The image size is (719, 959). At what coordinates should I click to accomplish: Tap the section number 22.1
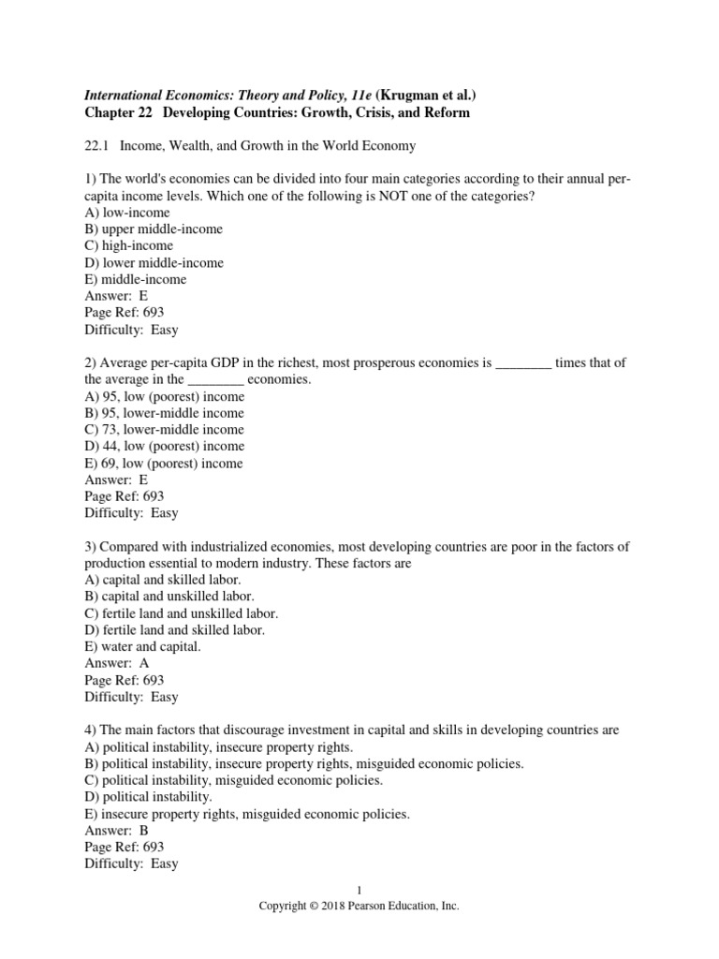tap(97, 146)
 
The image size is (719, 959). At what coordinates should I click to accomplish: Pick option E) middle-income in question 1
tap(136, 279)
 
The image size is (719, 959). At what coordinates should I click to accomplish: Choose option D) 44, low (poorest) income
tap(165, 446)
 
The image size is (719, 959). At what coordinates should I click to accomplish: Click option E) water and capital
tap(143, 646)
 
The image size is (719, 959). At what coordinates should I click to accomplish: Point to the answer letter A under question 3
tap(143, 663)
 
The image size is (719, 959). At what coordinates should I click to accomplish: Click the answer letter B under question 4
tap(143, 830)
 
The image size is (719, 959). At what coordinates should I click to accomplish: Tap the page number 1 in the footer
tap(359, 891)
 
